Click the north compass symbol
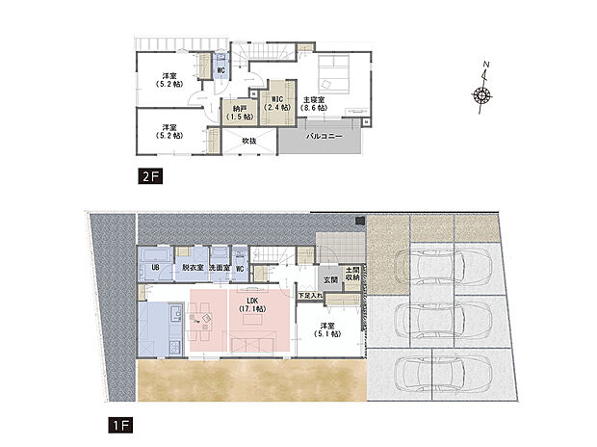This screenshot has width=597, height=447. click(482, 92)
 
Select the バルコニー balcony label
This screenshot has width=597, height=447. click(320, 138)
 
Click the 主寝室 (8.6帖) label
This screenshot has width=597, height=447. click(314, 103)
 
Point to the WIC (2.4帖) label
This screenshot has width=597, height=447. click(275, 103)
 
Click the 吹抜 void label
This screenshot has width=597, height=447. click(248, 141)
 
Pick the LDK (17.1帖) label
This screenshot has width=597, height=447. click(253, 305)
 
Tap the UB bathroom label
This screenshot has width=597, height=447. click(154, 267)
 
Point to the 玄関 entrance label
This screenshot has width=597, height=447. click(330, 279)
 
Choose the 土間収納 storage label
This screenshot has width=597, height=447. click(351, 275)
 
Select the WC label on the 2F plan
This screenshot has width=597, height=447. click(221, 70)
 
